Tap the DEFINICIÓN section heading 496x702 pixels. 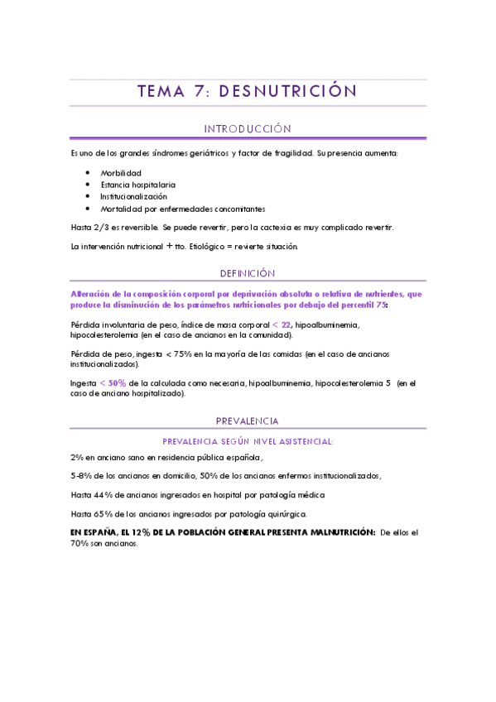(x=248, y=273)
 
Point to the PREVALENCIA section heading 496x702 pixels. (x=248, y=421)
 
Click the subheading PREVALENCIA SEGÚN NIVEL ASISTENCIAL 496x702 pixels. (x=248, y=442)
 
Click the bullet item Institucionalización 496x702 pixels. (x=133, y=197)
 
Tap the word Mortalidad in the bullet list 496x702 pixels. (x=120, y=209)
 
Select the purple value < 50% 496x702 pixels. (x=113, y=383)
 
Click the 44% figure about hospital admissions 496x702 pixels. (x=101, y=495)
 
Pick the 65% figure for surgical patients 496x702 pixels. (x=101, y=514)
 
